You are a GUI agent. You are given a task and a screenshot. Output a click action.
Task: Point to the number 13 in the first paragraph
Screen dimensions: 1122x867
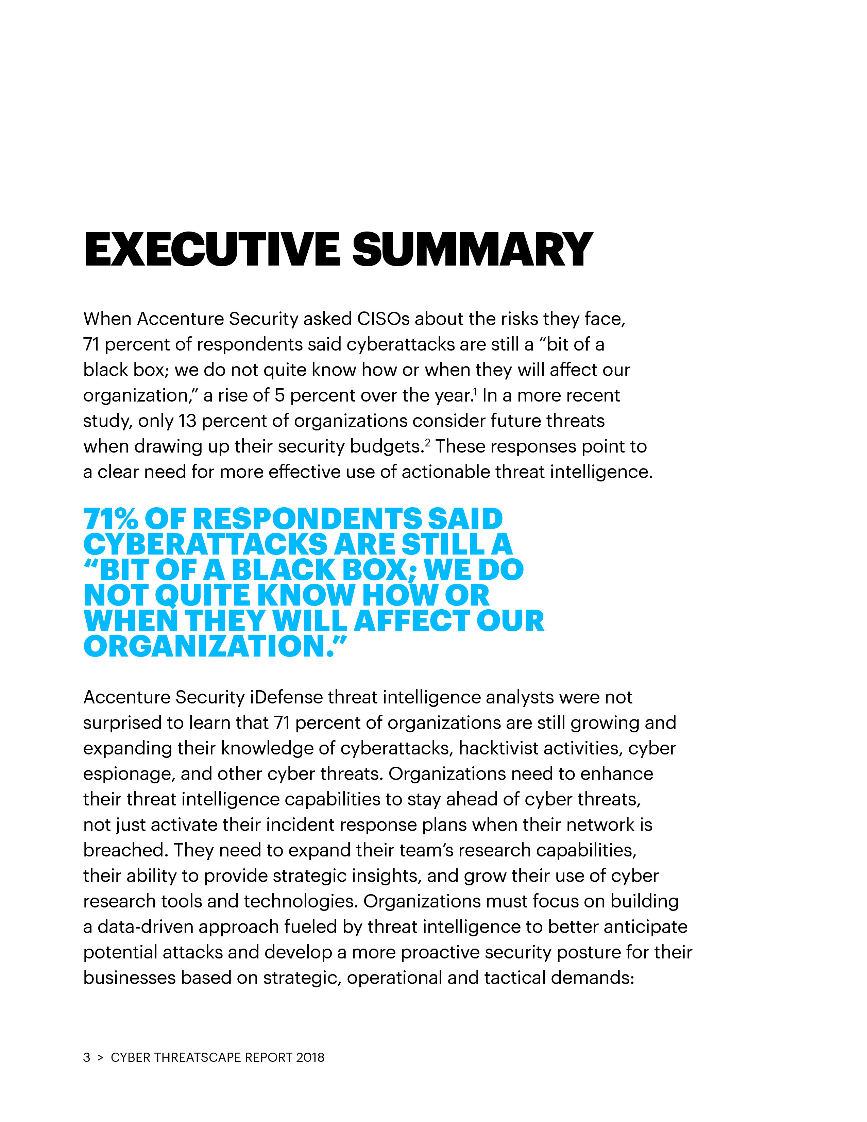click(x=187, y=421)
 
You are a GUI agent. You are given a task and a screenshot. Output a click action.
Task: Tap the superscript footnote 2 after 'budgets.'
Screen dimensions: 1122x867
click(x=427, y=442)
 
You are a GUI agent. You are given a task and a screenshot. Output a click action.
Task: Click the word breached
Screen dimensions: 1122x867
click(x=125, y=850)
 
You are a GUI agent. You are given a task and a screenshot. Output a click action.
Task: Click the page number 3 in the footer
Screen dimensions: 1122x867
click(x=87, y=1057)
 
